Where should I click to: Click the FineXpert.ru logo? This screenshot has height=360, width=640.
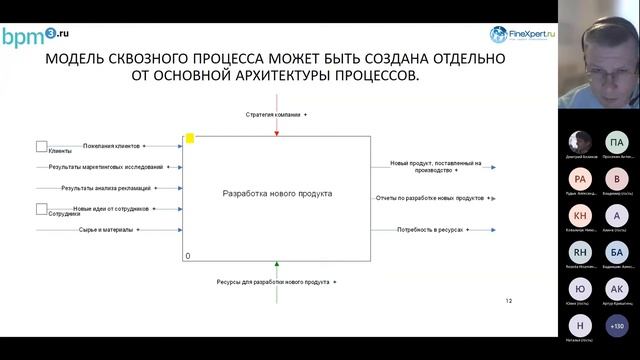click(x=524, y=34)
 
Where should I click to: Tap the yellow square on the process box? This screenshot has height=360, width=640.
click(x=190, y=139)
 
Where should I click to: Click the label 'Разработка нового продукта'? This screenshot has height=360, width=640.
click(x=277, y=193)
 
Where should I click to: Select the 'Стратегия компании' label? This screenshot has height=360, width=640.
click(x=273, y=115)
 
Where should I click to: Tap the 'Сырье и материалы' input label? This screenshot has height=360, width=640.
click(x=106, y=229)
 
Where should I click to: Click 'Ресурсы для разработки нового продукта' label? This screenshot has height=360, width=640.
click(x=273, y=282)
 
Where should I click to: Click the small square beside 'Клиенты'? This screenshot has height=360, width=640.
click(x=42, y=146)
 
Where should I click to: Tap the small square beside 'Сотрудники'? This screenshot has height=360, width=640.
click(x=42, y=208)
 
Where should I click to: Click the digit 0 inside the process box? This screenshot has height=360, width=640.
click(x=188, y=256)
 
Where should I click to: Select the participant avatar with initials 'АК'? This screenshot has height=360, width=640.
click(x=617, y=289)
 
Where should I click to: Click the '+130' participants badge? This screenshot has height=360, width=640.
click(x=617, y=325)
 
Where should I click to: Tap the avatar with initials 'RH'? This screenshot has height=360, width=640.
click(x=581, y=253)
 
